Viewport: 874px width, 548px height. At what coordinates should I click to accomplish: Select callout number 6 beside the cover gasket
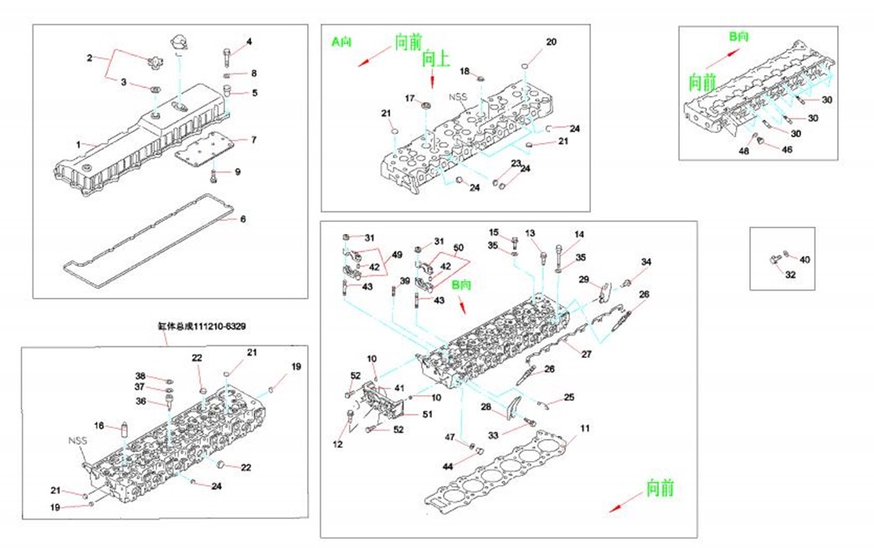pyautogui.click(x=244, y=220)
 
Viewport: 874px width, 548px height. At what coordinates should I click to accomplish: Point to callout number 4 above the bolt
pyautogui.click(x=249, y=41)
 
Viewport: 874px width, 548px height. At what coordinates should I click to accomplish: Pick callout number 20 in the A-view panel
pyautogui.click(x=551, y=42)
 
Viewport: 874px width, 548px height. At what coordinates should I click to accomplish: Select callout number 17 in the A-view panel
pyautogui.click(x=410, y=99)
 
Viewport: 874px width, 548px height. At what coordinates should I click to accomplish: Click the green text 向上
pyautogui.click(x=436, y=58)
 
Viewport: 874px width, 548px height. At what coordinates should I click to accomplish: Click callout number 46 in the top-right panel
pyautogui.click(x=787, y=149)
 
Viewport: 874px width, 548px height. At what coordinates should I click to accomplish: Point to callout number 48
pyautogui.click(x=743, y=151)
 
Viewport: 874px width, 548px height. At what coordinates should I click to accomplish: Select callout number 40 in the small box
pyautogui.click(x=805, y=259)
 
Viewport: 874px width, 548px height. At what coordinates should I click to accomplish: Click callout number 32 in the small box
pyautogui.click(x=790, y=274)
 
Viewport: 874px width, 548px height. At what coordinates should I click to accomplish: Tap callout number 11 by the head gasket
pyautogui.click(x=585, y=428)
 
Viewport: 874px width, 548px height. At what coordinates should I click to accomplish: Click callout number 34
pyautogui.click(x=645, y=263)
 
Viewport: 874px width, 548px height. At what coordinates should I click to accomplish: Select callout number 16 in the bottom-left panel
pyautogui.click(x=99, y=426)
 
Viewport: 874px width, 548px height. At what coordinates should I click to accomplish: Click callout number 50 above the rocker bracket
pyautogui.click(x=458, y=248)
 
